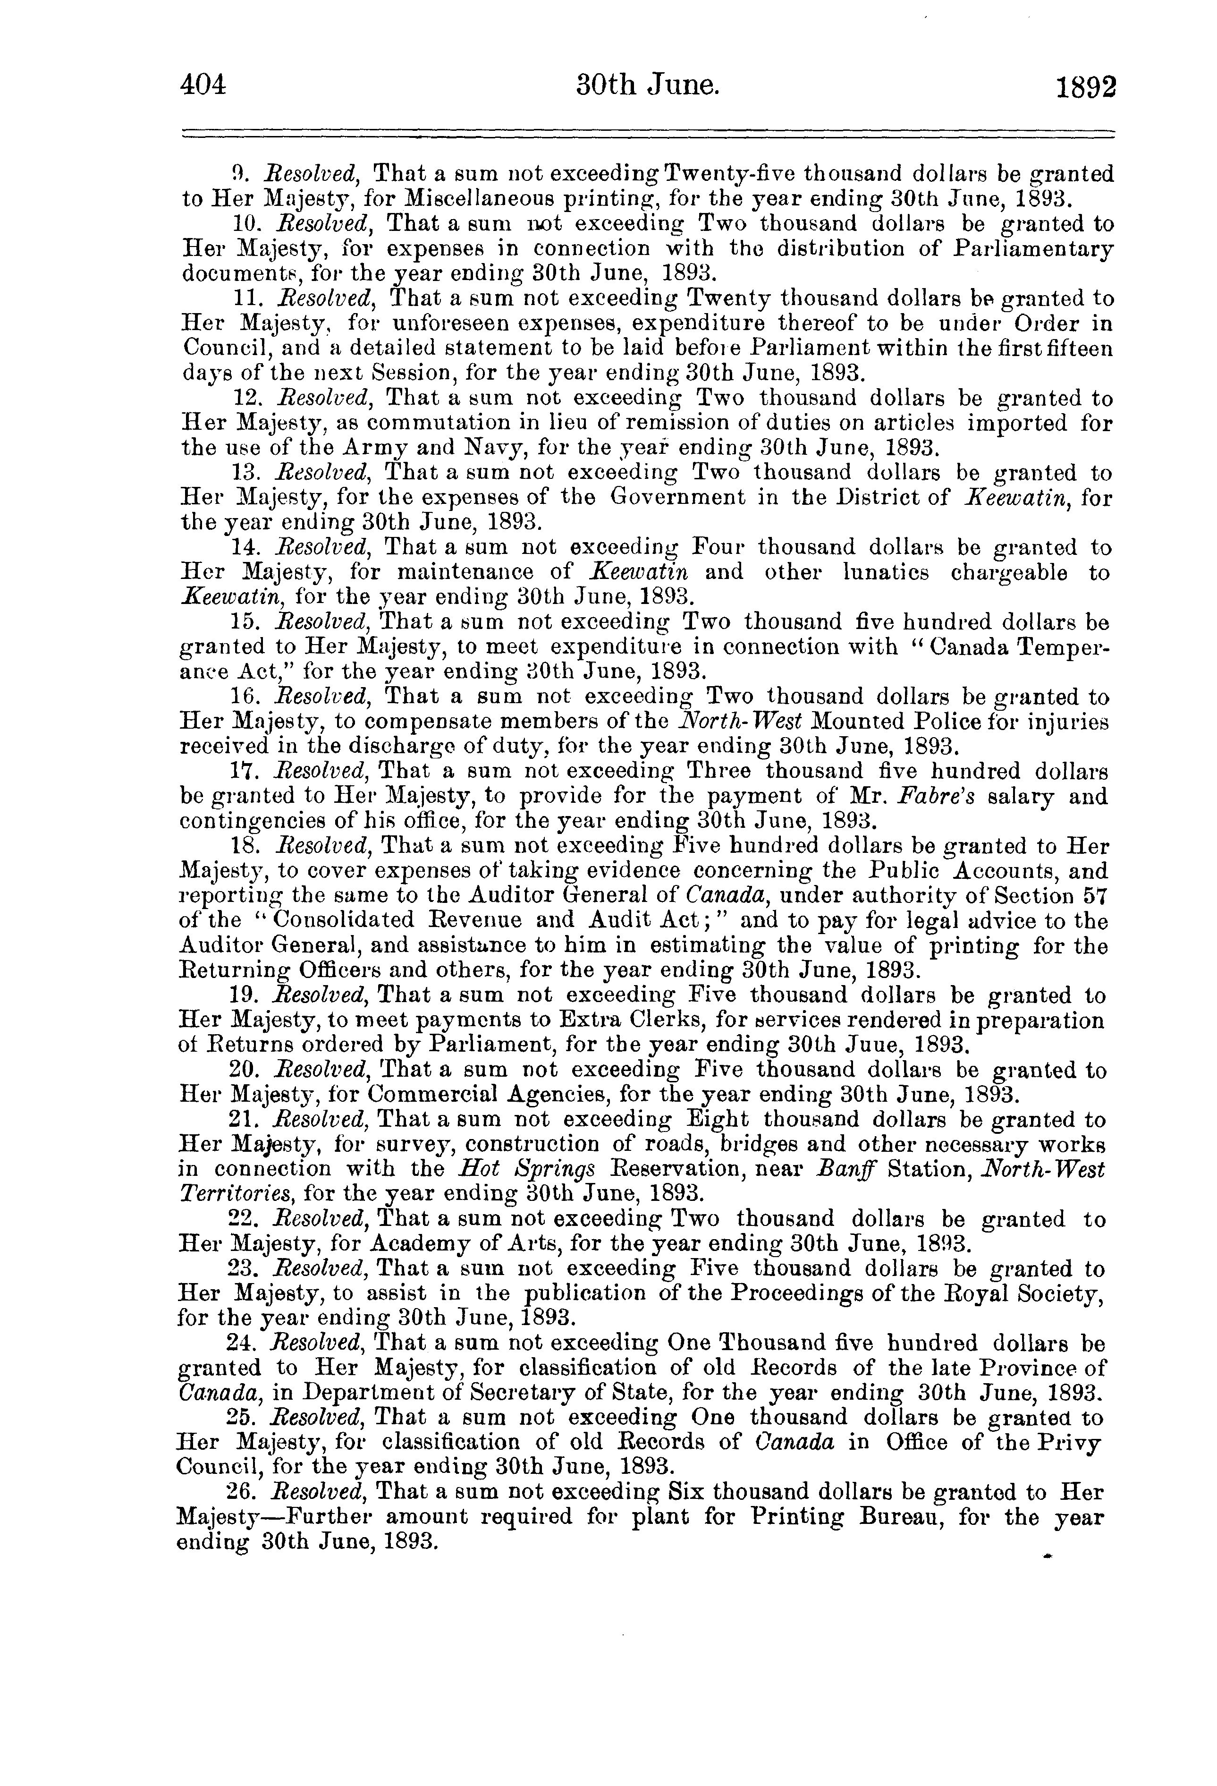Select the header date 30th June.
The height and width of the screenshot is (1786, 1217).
pos(648,85)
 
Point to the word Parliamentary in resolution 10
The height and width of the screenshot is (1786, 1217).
pos(1034,249)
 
